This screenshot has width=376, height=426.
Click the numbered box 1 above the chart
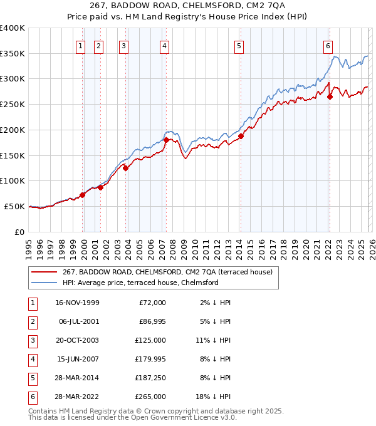81,45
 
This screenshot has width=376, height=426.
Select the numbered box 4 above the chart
164,45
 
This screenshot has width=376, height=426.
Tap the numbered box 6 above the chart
328,45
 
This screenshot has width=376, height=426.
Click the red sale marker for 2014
241,136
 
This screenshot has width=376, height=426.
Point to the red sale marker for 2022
330,96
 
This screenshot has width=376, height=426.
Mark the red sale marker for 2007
166,140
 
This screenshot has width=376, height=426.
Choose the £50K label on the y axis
15,206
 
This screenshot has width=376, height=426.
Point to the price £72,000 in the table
152,303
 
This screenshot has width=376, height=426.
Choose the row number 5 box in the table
32,378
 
